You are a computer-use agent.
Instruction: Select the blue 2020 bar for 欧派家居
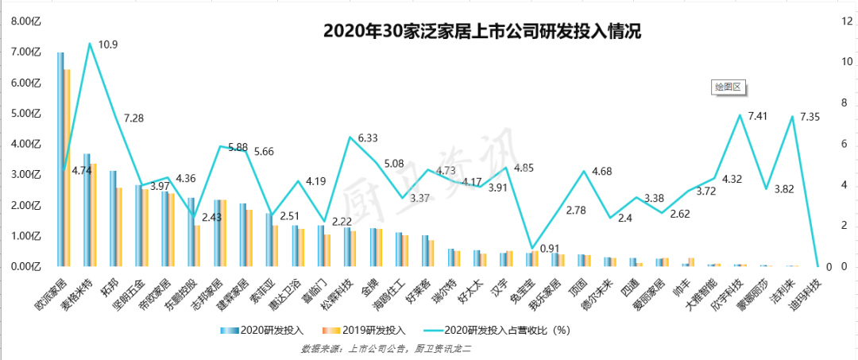[x=60, y=159]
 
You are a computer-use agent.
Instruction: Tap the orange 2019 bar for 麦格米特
[x=93, y=215]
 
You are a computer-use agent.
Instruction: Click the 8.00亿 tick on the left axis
[x=25, y=21]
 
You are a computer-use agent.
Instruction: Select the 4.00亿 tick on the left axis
[x=25, y=144]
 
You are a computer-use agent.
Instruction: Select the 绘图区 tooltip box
[x=727, y=87]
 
